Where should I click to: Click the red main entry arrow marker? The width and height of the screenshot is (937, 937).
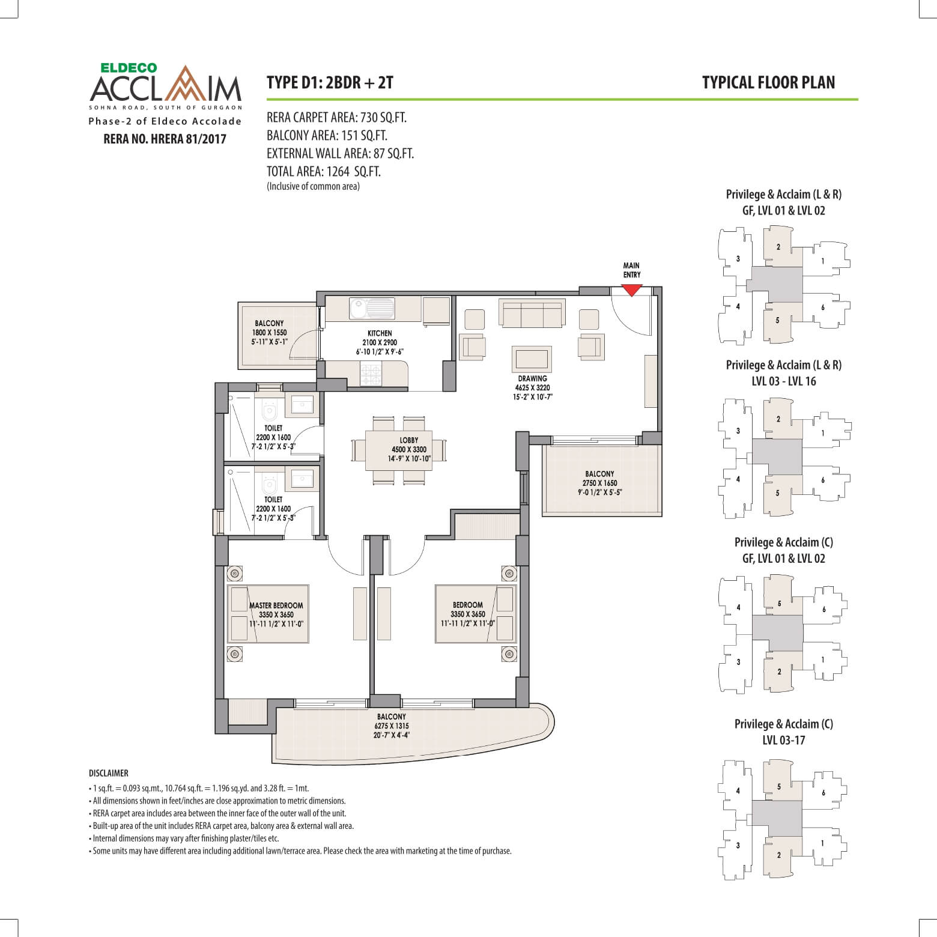(x=631, y=290)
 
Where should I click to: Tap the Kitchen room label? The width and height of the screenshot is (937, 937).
(x=380, y=333)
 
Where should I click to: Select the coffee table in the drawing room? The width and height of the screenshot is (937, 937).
(x=532, y=359)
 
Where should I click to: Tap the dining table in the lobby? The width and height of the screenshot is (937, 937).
(x=400, y=449)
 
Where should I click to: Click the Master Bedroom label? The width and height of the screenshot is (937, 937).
(x=277, y=605)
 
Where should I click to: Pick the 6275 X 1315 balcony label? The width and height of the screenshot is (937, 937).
(x=391, y=726)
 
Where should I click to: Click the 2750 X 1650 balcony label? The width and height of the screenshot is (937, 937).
(x=599, y=483)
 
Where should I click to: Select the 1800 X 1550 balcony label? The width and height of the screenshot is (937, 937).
(x=269, y=332)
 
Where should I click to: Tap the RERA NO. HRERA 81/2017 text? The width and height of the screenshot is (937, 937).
(x=165, y=139)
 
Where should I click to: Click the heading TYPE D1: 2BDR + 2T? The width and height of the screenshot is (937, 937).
(x=330, y=83)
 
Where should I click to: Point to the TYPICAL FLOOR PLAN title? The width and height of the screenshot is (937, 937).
(x=768, y=83)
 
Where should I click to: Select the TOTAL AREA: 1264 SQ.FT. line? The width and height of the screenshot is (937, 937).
(x=324, y=172)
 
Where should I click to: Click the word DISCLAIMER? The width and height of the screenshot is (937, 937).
(x=108, y=773)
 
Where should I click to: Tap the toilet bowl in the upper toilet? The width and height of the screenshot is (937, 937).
(x=268, y=411)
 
